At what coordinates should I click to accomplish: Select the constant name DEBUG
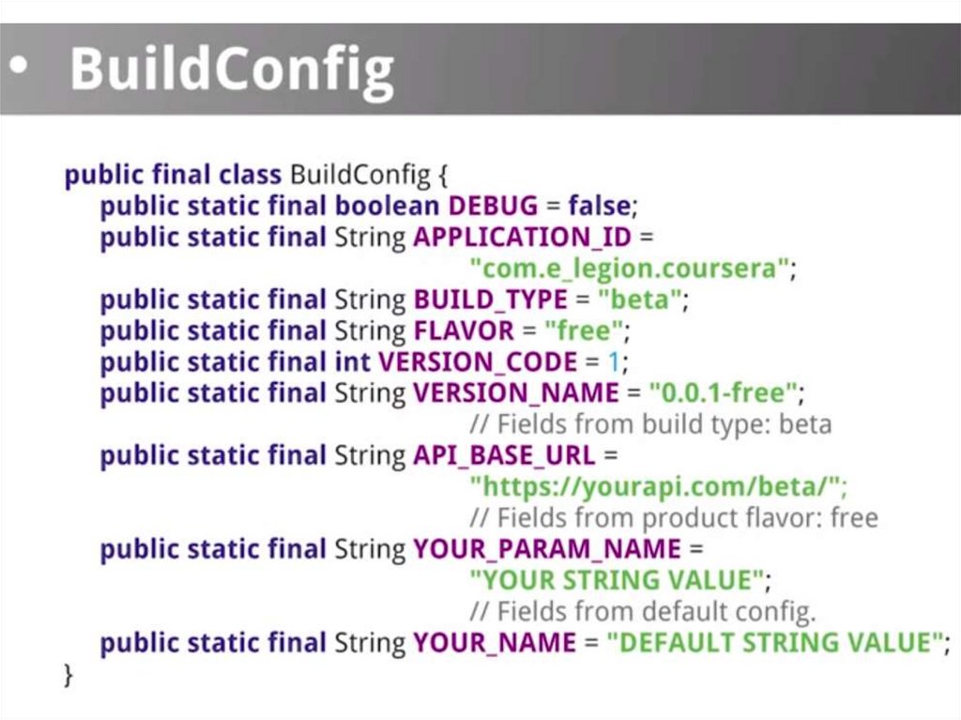point(493,206)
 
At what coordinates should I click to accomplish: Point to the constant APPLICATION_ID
point(523,237)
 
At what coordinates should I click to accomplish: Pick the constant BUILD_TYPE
point(490,299)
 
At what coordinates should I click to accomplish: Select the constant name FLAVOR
point(464,330)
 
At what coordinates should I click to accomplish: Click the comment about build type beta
point(650,424)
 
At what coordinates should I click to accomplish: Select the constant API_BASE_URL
point(504,455)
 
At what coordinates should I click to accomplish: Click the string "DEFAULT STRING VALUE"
point(774,643)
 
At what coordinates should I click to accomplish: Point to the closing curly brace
point(68,674)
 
